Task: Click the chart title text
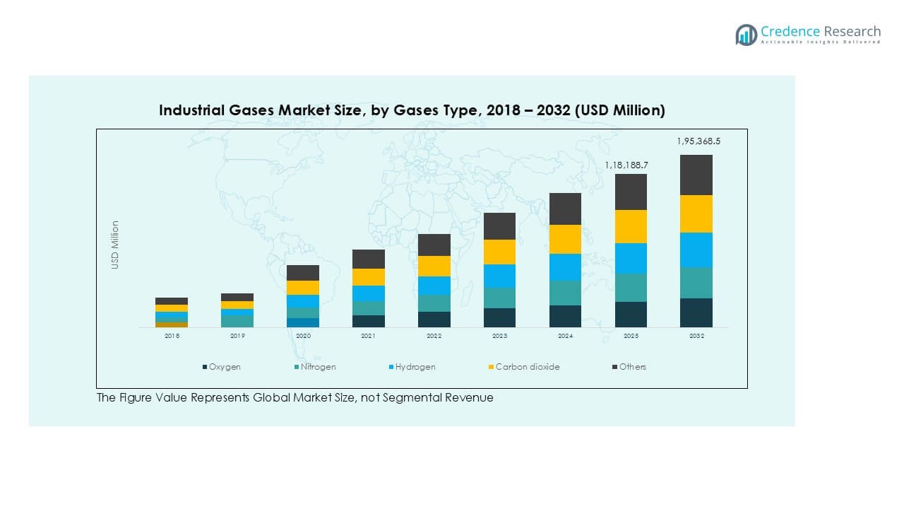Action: coord(412,111)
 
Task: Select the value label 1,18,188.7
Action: coord(626,165)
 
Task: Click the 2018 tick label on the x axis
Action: coord(172,337)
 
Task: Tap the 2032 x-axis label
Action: coord(696,337)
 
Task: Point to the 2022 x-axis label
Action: coord(434,337)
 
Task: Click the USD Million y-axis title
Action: coord(115,245)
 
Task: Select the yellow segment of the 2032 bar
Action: coord(696,213)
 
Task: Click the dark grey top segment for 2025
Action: coord(631,192)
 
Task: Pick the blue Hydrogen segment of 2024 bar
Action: coord(565,267)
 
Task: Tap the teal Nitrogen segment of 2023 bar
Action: coord(499,298)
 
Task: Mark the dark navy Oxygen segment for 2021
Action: coord(368,321)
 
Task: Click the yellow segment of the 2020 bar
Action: coord(303,288)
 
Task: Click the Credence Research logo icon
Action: coord(746,35)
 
